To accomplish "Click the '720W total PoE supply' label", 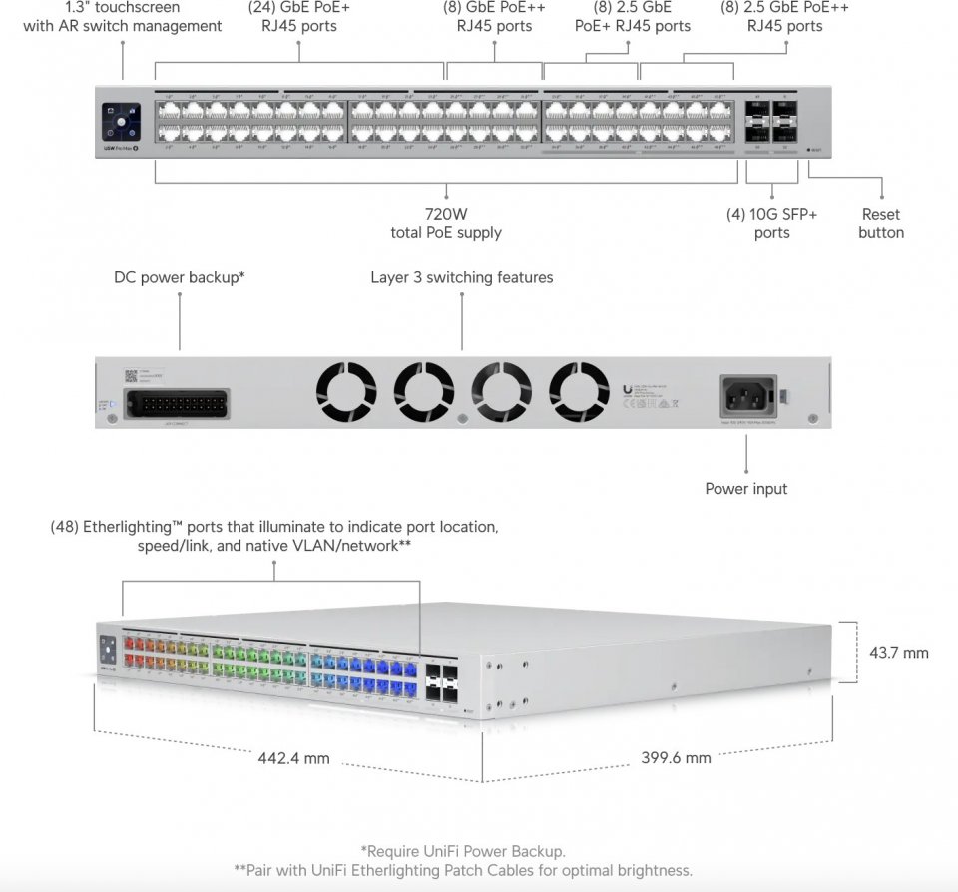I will point(445,223).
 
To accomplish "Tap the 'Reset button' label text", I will point(881,223).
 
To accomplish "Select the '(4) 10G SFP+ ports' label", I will point(771,223).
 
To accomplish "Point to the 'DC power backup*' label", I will point(180,277).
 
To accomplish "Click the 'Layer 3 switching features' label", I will point(461,277).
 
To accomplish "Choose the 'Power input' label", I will point(745,489).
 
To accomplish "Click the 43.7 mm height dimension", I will point(898,653).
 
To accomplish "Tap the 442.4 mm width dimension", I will point(293,758).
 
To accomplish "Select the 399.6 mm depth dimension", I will point(676,757).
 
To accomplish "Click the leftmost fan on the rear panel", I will point(346,392).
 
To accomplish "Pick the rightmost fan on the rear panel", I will point(579,392).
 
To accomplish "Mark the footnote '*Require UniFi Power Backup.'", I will point(463,851).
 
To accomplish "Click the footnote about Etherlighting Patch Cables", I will point(463,870).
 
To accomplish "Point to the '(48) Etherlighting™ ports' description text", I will point(274,536).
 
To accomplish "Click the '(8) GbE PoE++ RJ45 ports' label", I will point(495,17).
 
